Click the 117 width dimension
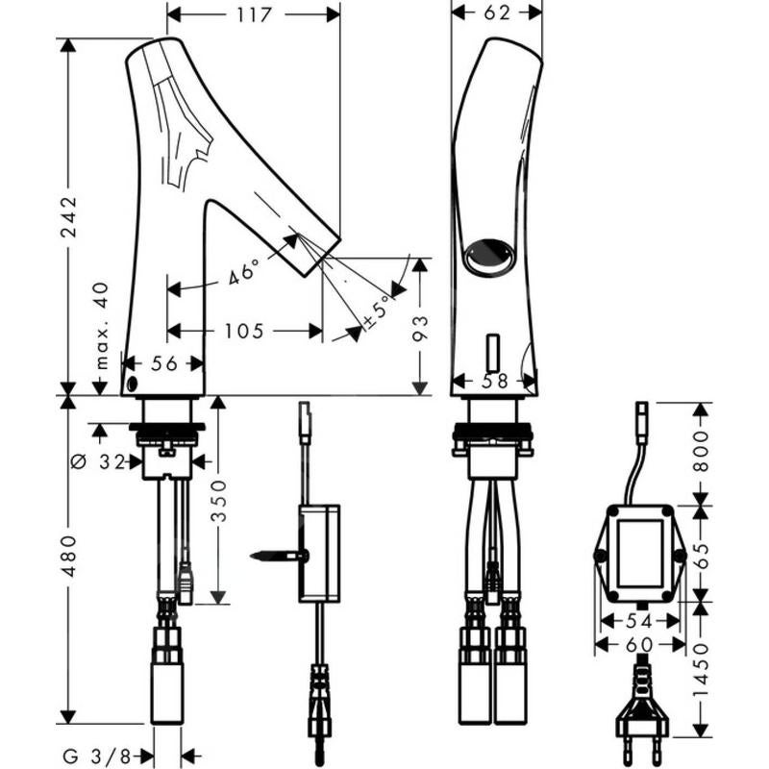coord(253,14)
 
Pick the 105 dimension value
coord(244,332)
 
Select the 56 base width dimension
coord(165,363)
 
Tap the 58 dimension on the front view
coord(496,381)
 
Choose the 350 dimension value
coord(220,500)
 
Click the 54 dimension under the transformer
coord(637,622)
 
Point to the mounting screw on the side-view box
coord(277,556)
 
